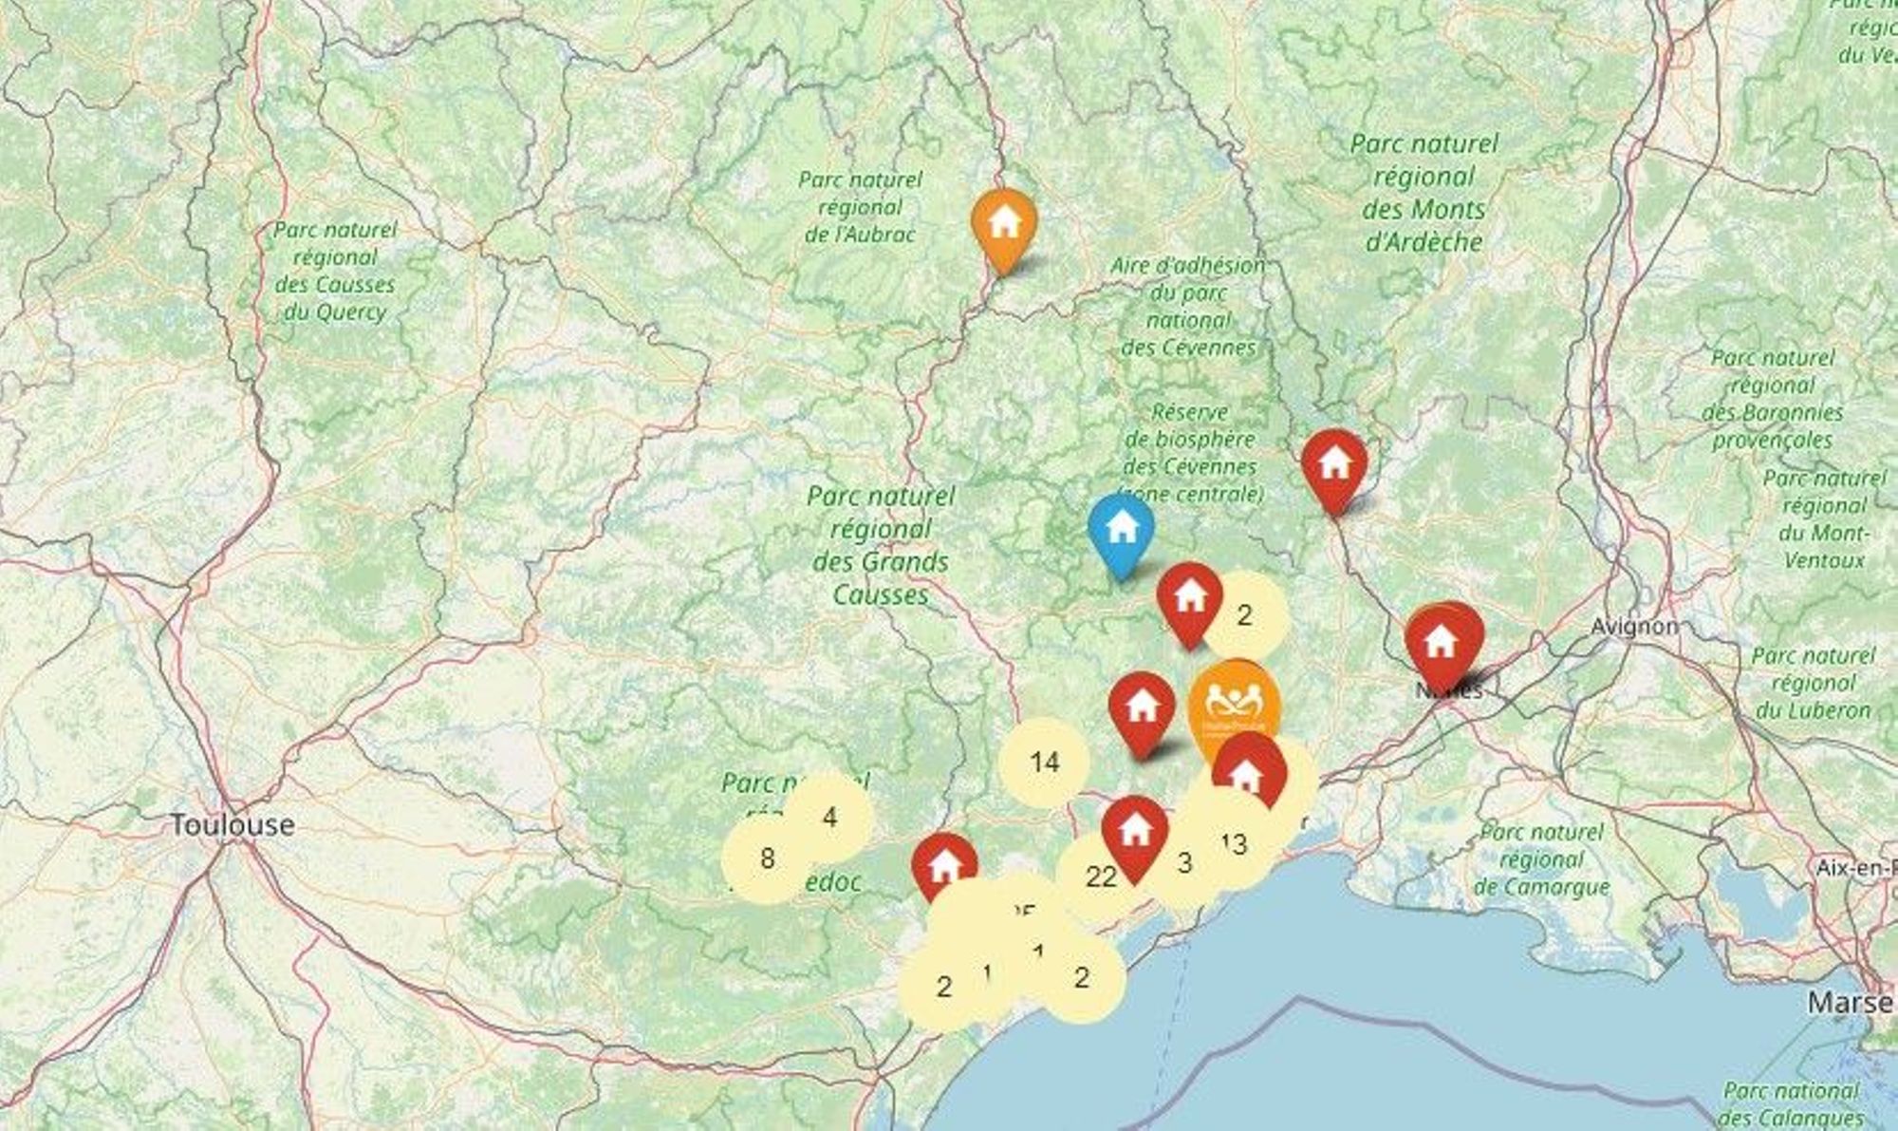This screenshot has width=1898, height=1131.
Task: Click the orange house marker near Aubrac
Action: pos(1004,225)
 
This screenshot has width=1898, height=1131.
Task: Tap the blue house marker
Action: pos(1122,530)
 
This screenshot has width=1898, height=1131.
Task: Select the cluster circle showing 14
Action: pos(1044,762)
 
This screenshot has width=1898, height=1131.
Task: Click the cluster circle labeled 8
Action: pos(767,858)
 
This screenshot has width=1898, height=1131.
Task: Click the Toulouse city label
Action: pos(232,824)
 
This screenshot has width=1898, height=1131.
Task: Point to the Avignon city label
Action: pos(1634,627)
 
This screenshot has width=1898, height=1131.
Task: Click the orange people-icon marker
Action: pos(1234,707)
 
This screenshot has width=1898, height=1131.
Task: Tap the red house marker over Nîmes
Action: pos(1441,643)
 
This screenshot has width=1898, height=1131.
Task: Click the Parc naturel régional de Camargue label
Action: pos(1541,859)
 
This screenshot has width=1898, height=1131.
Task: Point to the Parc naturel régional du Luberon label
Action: pos(1813,683)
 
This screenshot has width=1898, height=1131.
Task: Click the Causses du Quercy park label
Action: pos(334,271)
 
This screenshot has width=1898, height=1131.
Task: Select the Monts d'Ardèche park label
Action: pos(1423,193)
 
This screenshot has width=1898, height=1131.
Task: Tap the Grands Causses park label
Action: pos(881,545)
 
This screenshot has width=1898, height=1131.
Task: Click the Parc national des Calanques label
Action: pos(1790,1103)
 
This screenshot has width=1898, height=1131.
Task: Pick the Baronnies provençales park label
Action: pos(1772,399)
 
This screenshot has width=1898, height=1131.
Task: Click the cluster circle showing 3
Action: pos(1183,863)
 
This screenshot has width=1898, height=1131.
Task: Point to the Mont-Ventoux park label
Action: pos(1824,518)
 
